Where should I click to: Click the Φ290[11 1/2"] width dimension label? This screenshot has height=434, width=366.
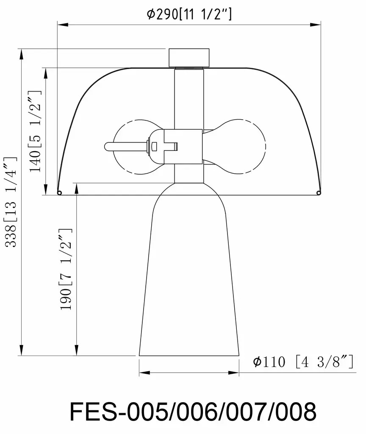coord(189,14)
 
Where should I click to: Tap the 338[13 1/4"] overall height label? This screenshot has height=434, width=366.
coord(11,201)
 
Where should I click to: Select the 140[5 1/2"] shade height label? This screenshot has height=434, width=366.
coord(35,131)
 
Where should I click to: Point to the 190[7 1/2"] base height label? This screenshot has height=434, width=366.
coord(66,269)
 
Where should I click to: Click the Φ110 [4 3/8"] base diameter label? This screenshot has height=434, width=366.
coord(303,362)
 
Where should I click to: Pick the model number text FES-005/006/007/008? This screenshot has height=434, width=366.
coord(193,411)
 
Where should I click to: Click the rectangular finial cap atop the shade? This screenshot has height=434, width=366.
coord(189,58)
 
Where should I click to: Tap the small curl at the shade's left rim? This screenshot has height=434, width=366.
coord(59,193)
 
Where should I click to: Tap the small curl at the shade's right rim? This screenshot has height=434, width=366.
coord(319,192)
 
